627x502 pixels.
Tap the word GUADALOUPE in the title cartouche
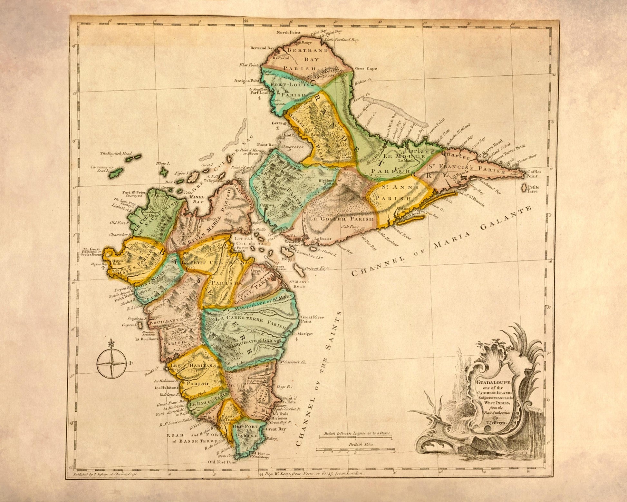click(490, 382)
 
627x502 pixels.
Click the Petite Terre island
click(524, 187)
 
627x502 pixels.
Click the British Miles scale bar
click(355, 449)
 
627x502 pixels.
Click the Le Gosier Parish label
click(341, 219)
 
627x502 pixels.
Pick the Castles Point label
click(534, 174)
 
